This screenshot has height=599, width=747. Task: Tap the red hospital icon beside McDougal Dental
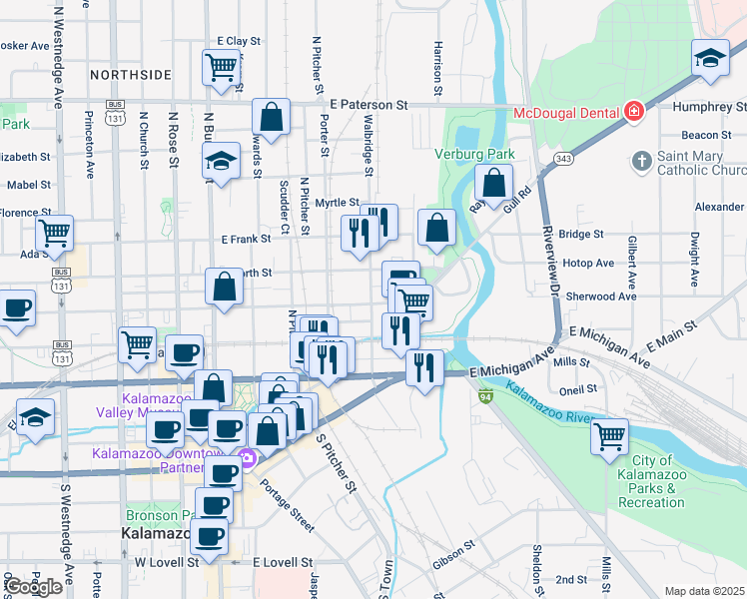click(632, 112)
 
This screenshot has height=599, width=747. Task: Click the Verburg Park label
click(474, 154)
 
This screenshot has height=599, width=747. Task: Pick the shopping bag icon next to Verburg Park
click(493, 183)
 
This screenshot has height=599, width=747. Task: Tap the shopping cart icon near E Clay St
click(222, 68)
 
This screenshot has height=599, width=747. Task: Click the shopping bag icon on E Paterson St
click(271, 116)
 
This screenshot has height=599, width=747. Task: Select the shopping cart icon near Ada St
click(54, 234)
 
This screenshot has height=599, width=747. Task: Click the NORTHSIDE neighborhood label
click(130, 75)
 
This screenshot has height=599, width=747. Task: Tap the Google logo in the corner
click(34, 587)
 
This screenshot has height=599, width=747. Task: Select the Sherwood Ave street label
click(599, 297)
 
